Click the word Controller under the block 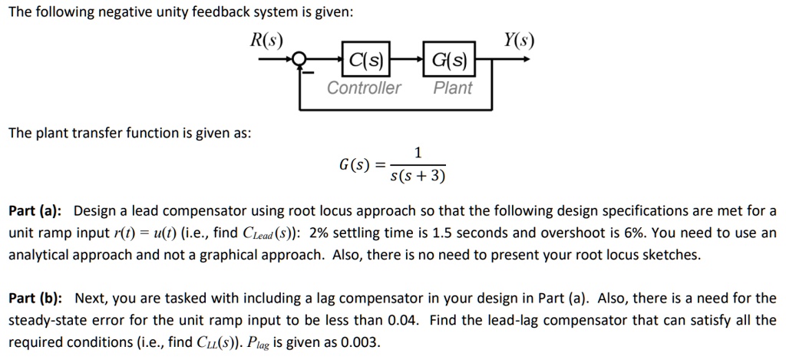point(364,88)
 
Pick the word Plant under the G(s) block point(453,88)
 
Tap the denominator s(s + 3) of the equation point(418,177)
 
